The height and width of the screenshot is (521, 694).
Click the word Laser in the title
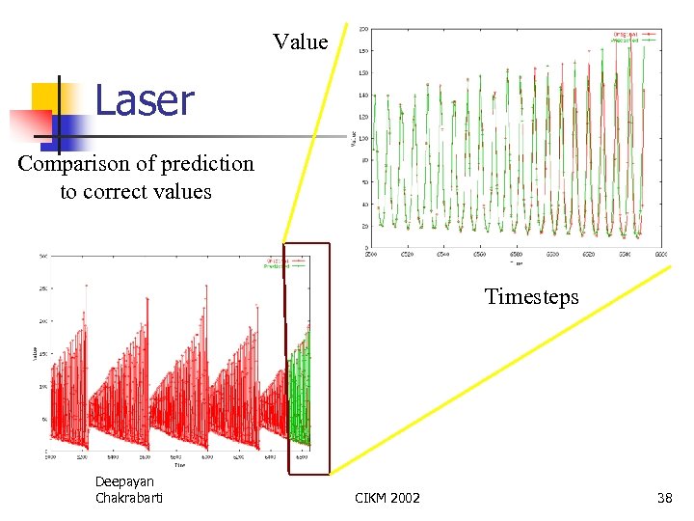[144, 101]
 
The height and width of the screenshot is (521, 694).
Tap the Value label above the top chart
[300, 41]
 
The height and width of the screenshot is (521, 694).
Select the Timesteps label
[531, 296]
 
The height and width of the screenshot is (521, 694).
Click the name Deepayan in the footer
[124, 481]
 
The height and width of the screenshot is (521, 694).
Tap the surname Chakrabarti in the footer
[129, 497]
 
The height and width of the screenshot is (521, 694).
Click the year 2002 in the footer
[405, 498]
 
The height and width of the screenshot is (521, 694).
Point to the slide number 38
[663, 498]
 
